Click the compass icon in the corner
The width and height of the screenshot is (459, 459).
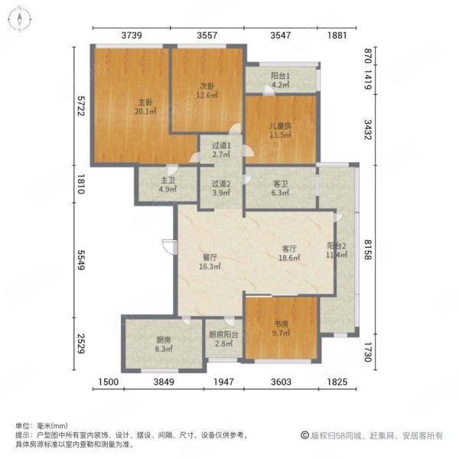click(x=20, y=19)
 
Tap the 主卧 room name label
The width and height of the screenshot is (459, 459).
click(x=145, y=103)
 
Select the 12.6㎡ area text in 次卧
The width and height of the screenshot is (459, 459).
click(x=207, y=95)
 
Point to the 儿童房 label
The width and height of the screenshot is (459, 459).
click(x=281, y=126)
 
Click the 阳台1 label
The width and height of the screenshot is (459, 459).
click(x=281, y=76)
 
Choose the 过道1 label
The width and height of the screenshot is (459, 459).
click(x=221, y=145)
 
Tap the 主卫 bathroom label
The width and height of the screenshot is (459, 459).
click(x=168, y=181)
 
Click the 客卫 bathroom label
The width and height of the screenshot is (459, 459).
click(x=281, y=184)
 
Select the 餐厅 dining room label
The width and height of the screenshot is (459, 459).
click(x=210, y=257)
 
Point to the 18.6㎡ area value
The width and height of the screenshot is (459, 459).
click(x=289, y=258)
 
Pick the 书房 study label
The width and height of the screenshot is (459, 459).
click(x=281, y=324)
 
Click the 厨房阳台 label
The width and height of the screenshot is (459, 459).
click(x=223, y=334)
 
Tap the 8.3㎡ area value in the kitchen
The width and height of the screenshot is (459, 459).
click(x=164, y=349)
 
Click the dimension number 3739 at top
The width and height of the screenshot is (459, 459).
click(x=132, y=35)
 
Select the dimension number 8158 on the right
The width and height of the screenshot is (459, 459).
click(x=368, y=249)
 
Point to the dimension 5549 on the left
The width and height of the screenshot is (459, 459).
click(x=81, y=259)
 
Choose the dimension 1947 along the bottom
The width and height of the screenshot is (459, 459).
click(x=223, y=382)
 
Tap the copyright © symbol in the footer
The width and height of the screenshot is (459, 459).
click(x=304, y=435)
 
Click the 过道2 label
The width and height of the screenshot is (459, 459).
click(x=221, y=184)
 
